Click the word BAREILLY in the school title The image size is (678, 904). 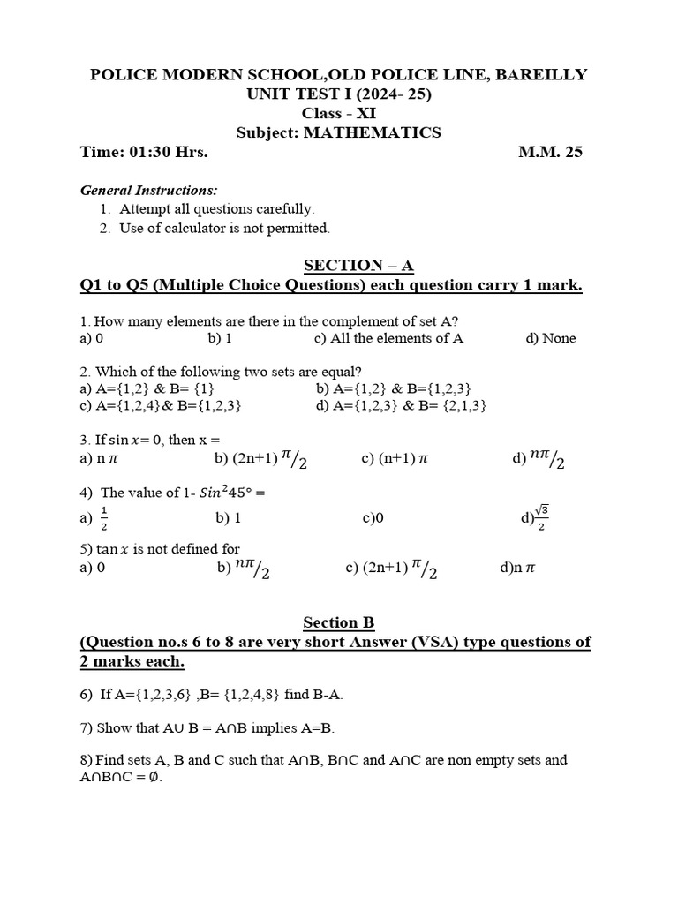click(x=539, y=75)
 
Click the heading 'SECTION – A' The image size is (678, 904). click(x=358, y=266)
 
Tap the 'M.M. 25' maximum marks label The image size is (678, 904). click(x=550, y=152)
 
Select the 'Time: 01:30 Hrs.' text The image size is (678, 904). click(x=144, y=152)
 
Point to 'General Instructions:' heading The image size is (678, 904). click(x=149, y=190)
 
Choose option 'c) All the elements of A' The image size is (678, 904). click(x=388, y=338)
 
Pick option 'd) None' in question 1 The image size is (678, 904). click(x=551, y=338)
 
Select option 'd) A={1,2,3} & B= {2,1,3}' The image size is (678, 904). click(x=401, y=405)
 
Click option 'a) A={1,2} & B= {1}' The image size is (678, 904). click(x=147, y=388)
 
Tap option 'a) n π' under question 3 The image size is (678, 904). click(x=99, y=458)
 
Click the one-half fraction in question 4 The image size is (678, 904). click(x=103, y=519)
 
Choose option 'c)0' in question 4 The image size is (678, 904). click(x=373, y=518)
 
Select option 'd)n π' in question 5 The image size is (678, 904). click(x=517, y=568)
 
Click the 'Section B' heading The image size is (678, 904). click(x=339, y=622)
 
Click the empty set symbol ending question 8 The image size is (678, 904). click(x=154, y=778)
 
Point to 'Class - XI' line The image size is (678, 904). click(x=338, y=113)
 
